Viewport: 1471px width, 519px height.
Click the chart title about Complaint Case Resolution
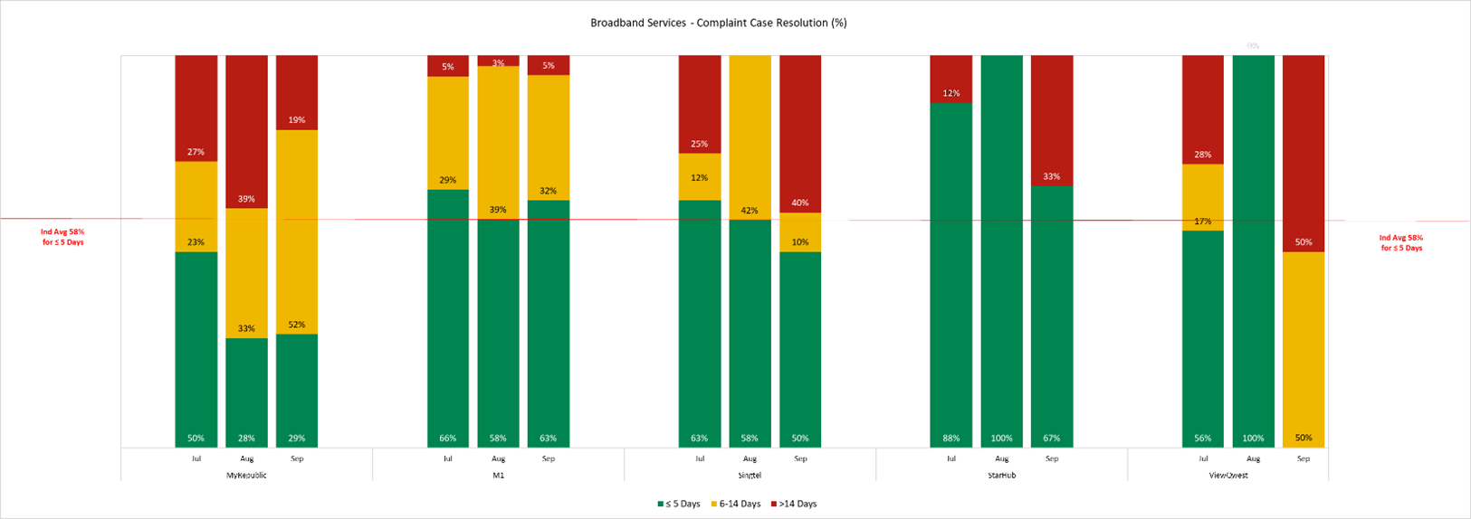(718, 23)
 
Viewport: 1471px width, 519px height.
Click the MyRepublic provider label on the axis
(246, 475)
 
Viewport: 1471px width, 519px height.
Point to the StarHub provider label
(1001, 475)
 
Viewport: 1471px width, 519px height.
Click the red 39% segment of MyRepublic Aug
(246, 131)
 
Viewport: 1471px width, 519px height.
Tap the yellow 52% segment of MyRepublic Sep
(297, 231)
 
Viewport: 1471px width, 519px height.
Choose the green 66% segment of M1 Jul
(448, 318)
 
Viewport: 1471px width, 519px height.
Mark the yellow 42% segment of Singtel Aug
(750, 137)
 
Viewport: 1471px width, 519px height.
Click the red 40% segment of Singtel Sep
(800, 134)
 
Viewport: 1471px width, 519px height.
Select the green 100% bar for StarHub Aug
(1001, 251)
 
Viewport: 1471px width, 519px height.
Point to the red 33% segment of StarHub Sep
(1052, 120)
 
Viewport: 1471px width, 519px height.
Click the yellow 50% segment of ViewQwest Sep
(1304, 349)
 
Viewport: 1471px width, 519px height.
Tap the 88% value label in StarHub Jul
(951, 439)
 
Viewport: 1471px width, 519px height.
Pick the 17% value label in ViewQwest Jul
(1202, 222)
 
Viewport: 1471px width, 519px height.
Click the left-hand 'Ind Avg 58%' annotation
(62, 237)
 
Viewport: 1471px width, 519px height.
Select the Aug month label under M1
(498, 458)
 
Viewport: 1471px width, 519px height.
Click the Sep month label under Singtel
(800, 458)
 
